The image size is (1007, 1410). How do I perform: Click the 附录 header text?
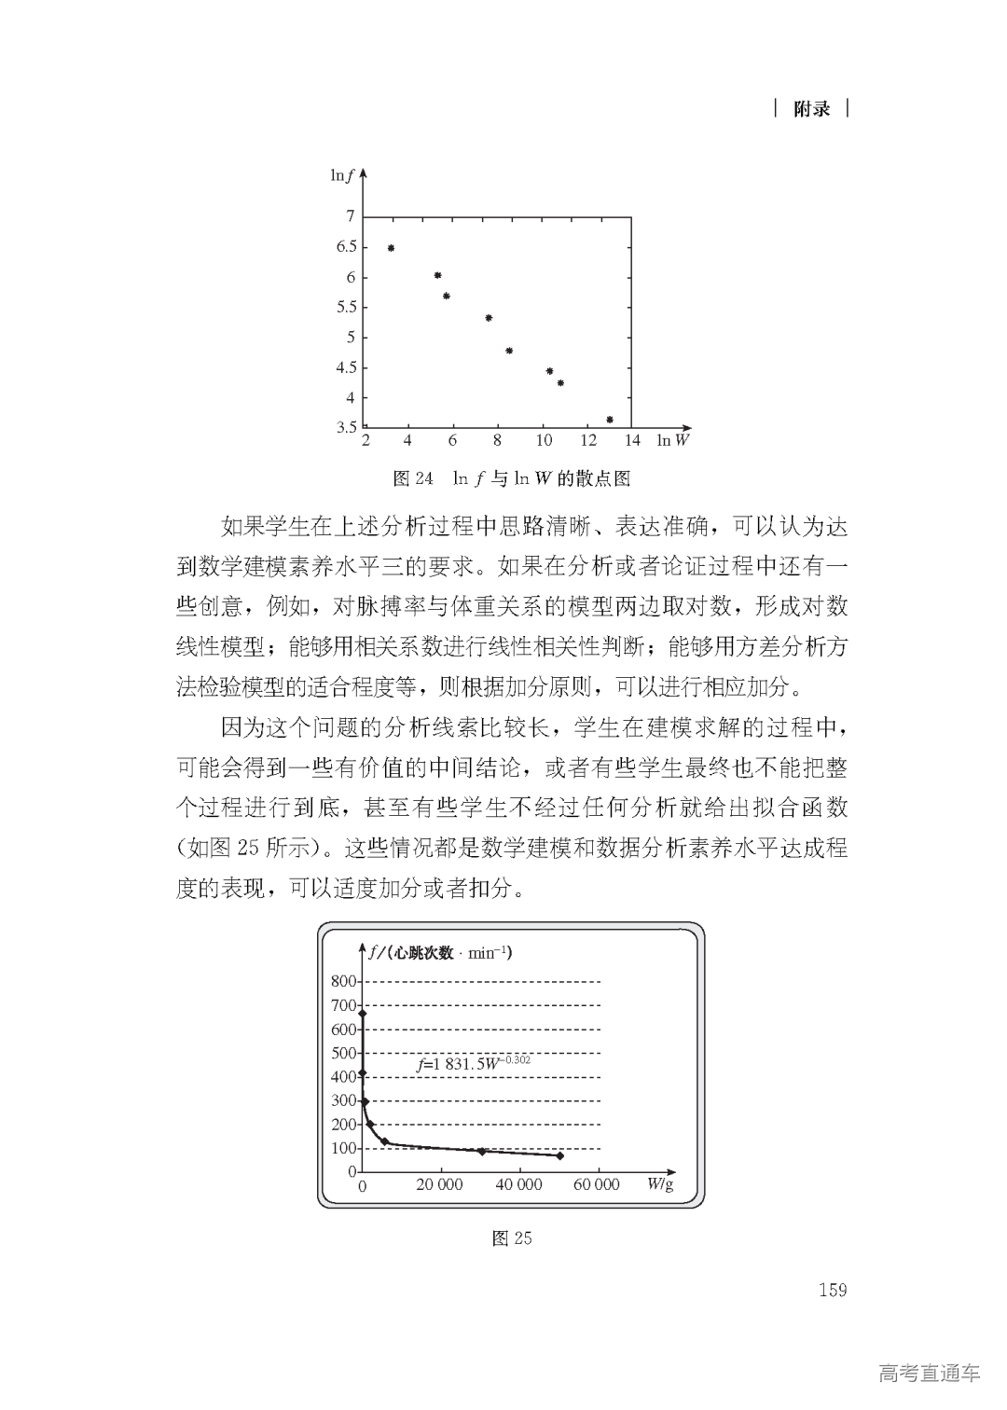[x=811, y=109]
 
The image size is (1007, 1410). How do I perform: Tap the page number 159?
[x=833, y=1290]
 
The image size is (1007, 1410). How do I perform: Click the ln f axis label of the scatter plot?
[x=342, y=175]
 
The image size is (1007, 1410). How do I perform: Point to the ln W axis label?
[x=672, y=440]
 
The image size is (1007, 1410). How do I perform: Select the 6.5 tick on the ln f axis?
[x=347, y=247]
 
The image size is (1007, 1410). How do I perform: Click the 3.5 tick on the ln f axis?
[x=347, y=428]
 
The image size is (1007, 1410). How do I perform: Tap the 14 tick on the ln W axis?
[x=632, y=440]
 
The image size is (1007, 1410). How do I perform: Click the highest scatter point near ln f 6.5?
[x=391, y=248]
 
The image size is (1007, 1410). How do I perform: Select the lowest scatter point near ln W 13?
[x=610, y=420]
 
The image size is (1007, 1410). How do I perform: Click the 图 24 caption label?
[x=413, y=479]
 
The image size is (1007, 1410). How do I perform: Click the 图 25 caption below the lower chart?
[x=512, y=1238]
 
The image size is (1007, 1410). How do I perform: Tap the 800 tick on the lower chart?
[x=344, y=981]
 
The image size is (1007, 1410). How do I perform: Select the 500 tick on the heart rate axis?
[x=344, y=1053]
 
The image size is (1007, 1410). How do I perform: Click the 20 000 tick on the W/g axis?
[x=439, y=1185]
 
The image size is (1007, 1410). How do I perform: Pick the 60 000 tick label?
[x=596, y=1185]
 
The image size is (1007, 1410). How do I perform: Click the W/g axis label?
[x=660, y=1184]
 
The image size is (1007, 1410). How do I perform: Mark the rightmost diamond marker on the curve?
[x=559, y=1155]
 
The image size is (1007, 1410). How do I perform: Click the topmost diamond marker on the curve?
[x=363, y=1014]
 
